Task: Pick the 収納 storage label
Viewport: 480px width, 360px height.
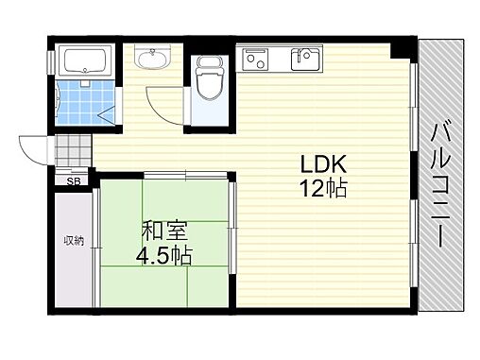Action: (x=74, y=241)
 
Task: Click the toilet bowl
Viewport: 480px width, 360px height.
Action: (x=210, y=84)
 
